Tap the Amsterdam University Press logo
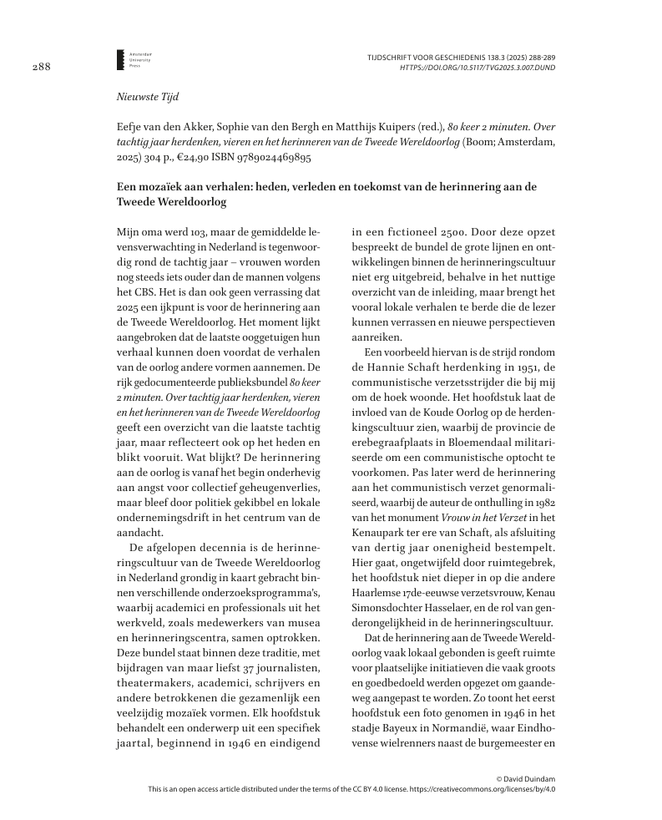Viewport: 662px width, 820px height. (x=121, y=58)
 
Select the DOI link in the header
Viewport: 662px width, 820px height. (x=478, y=66)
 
